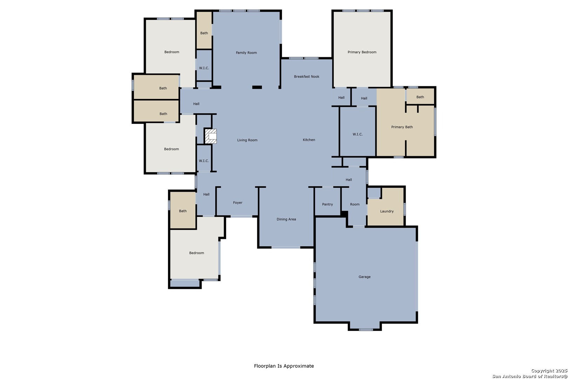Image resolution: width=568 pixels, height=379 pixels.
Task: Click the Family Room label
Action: point(246,53)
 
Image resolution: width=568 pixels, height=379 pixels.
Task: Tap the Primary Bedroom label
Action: point(362,52)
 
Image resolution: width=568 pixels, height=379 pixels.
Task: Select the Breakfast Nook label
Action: point(306,77)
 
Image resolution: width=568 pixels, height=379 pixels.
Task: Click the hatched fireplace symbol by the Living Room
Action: point(210,136)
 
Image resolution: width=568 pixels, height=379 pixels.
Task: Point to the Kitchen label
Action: point(309,140)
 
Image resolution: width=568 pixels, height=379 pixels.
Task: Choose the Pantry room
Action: point(327,202)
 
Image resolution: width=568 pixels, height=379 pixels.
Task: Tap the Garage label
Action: point(364,277)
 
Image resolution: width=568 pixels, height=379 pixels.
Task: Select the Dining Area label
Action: point(286,219)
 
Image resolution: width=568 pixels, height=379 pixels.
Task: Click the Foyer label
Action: point(238,203)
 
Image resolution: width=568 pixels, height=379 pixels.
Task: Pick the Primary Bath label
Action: point(402,127)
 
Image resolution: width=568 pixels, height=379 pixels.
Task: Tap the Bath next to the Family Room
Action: point(204,30)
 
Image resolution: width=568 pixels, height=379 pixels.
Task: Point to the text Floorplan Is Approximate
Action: point(284,366)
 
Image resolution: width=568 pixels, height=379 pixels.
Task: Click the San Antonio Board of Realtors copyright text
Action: point(529,376)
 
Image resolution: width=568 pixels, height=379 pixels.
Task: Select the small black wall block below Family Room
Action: point(257,87)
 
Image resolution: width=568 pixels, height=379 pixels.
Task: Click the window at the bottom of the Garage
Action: point(366,330)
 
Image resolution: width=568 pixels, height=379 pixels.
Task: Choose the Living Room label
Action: point(247,140)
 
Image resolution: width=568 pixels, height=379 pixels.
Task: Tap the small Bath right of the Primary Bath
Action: point(420,96)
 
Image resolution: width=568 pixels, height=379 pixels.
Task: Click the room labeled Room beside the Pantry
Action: point(354,204)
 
